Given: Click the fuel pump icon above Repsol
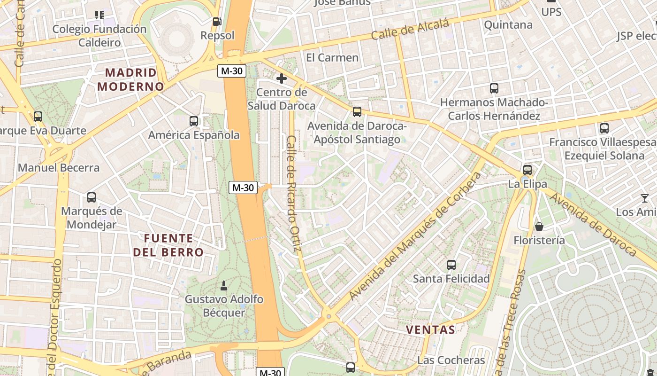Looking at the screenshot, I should tap(216, 21).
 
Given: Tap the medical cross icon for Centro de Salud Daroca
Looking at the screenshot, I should tap(282, 78).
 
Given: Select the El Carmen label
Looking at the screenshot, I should tap(332, 58).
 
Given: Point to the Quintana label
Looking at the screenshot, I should tap(508, 24).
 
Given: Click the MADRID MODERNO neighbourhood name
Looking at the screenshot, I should tap(130, 79).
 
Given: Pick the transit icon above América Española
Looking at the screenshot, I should tap(193, 121).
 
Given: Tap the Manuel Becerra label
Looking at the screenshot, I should tap(59, 168).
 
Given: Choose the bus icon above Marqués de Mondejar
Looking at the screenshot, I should tap(92, 197).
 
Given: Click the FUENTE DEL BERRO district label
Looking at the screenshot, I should tap(168, 245).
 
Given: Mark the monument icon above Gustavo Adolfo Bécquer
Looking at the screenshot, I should tap(224, 285).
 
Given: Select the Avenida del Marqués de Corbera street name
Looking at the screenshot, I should tap(416, 236).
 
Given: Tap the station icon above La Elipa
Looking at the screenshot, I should tap(527, 170).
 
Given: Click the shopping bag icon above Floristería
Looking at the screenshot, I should tap(539, 227).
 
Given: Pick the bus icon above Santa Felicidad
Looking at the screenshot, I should tap(451, 265).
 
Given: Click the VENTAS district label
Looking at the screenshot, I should tap(430, 329).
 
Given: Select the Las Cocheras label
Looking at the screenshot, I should tap(451, 360).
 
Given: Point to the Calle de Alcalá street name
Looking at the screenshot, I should tap(410, 30).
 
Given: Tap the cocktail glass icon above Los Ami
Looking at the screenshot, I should tap(645, 198).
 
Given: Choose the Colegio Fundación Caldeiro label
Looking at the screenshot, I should tap(99, 36).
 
